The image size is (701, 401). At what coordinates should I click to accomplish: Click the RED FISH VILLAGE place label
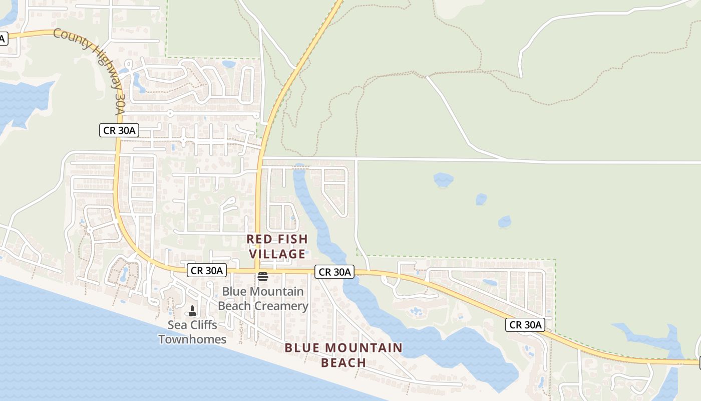click(276, 247)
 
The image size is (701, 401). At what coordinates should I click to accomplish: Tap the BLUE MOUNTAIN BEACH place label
click(343, 355)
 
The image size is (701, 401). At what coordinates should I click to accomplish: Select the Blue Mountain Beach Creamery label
click(263, 299)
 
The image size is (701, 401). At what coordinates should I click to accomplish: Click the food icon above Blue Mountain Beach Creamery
click(263, 277)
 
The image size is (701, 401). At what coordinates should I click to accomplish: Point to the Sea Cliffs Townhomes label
click(192, 332)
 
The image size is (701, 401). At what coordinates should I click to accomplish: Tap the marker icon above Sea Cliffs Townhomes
click(192, 311)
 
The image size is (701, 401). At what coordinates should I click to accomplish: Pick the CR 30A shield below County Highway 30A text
click(119, 131)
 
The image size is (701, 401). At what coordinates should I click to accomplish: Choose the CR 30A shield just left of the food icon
click(207, 271)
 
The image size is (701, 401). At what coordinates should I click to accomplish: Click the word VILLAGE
click(279, 254)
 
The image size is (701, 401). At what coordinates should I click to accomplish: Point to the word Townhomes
click(192, 339)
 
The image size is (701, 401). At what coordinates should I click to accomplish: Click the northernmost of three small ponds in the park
click(443, 179)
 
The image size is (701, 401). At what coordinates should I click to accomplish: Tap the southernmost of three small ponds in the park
click(504, 221)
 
